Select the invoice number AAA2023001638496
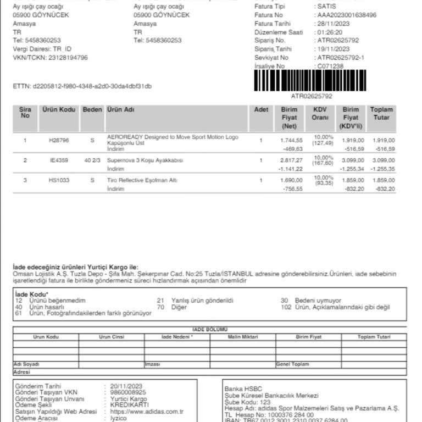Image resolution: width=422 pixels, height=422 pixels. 347,15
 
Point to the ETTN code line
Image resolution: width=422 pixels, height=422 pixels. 82,86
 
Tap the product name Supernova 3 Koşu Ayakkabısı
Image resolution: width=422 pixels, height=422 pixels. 145,160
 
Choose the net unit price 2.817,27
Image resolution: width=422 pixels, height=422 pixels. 292,160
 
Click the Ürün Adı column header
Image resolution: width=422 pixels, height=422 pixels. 121,110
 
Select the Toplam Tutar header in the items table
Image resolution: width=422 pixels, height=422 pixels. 381,114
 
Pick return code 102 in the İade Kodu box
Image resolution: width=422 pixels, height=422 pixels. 286,307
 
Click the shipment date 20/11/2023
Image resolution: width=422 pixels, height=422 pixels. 126,386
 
